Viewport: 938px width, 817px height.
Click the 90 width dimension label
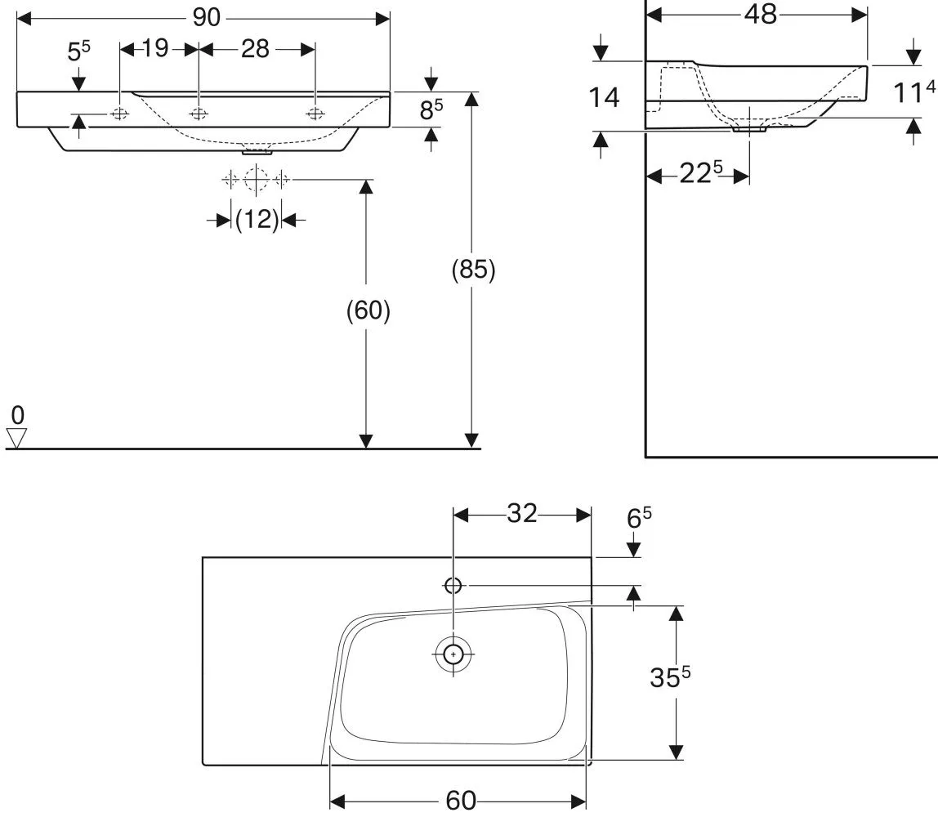207,18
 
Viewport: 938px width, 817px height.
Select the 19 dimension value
155,48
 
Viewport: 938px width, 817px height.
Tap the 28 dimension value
256,49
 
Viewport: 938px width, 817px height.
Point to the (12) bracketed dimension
257,220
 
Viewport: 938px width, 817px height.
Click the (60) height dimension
368,310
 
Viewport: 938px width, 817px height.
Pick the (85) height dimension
473,269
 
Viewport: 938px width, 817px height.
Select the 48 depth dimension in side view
761,14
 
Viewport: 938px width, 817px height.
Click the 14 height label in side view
604,97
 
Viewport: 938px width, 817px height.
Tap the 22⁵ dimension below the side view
701,173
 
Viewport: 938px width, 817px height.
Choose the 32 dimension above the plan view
522,513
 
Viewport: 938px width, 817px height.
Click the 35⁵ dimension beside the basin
670,676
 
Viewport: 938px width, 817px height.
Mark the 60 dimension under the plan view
461,801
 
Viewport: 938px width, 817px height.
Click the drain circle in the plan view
453,654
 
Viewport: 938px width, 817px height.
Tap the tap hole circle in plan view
453,586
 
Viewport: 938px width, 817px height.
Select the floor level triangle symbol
16,437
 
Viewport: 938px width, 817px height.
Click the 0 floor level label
18,415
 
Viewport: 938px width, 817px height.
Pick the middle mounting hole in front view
199,113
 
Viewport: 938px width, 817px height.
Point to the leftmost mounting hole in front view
120,113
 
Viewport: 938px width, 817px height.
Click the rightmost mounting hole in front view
315,113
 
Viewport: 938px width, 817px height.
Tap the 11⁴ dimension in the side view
913,92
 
